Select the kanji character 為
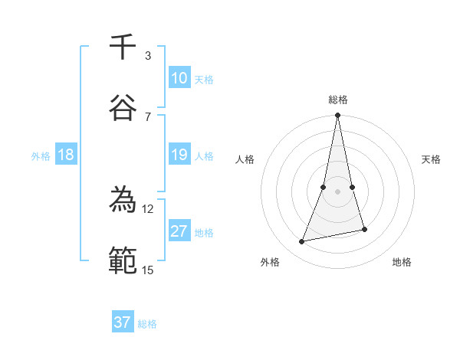click(123, 201)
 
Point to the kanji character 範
click(123, 260)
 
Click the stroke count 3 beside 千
click(148, 56)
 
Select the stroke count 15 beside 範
click(148, 269)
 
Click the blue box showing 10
click(179, 78)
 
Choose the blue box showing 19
click(179, 155)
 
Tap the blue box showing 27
click(179, 231)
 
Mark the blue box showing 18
click(66, 155)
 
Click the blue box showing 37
click(123, 322)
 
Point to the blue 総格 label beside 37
click(147, 324)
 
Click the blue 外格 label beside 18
click(41, 156)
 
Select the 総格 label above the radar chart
click(337, 100)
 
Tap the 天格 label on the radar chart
click(431, 159)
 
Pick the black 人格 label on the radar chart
click(245, 159)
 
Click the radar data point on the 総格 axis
click(337, 116)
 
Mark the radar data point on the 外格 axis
click(302, 242)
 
